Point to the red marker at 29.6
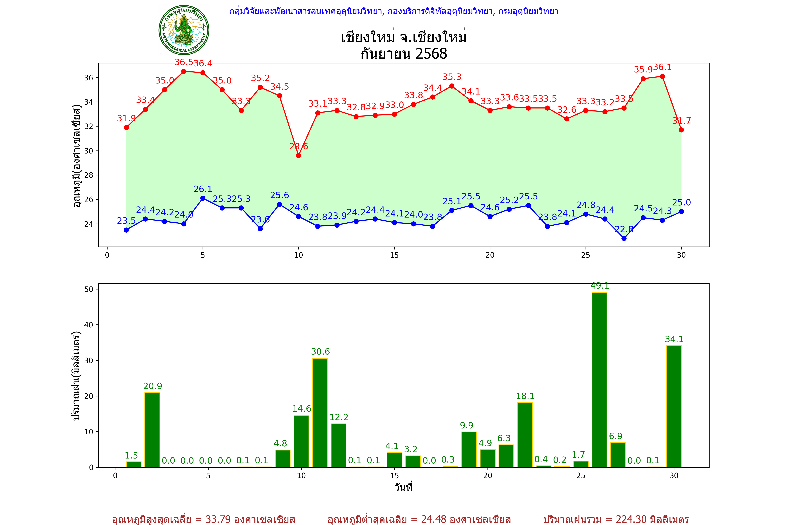(x=299, y=155)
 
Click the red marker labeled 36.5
(x=184, y=71)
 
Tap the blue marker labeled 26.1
(x=203, y=198)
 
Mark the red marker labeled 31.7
(x=681, y=130)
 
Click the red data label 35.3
(x=452, y=77)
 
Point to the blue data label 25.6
(x=279, y=195)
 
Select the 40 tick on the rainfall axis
(x=89, y=325)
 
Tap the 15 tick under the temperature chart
(x=394, y=255)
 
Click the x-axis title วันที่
(x=403, y=487)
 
